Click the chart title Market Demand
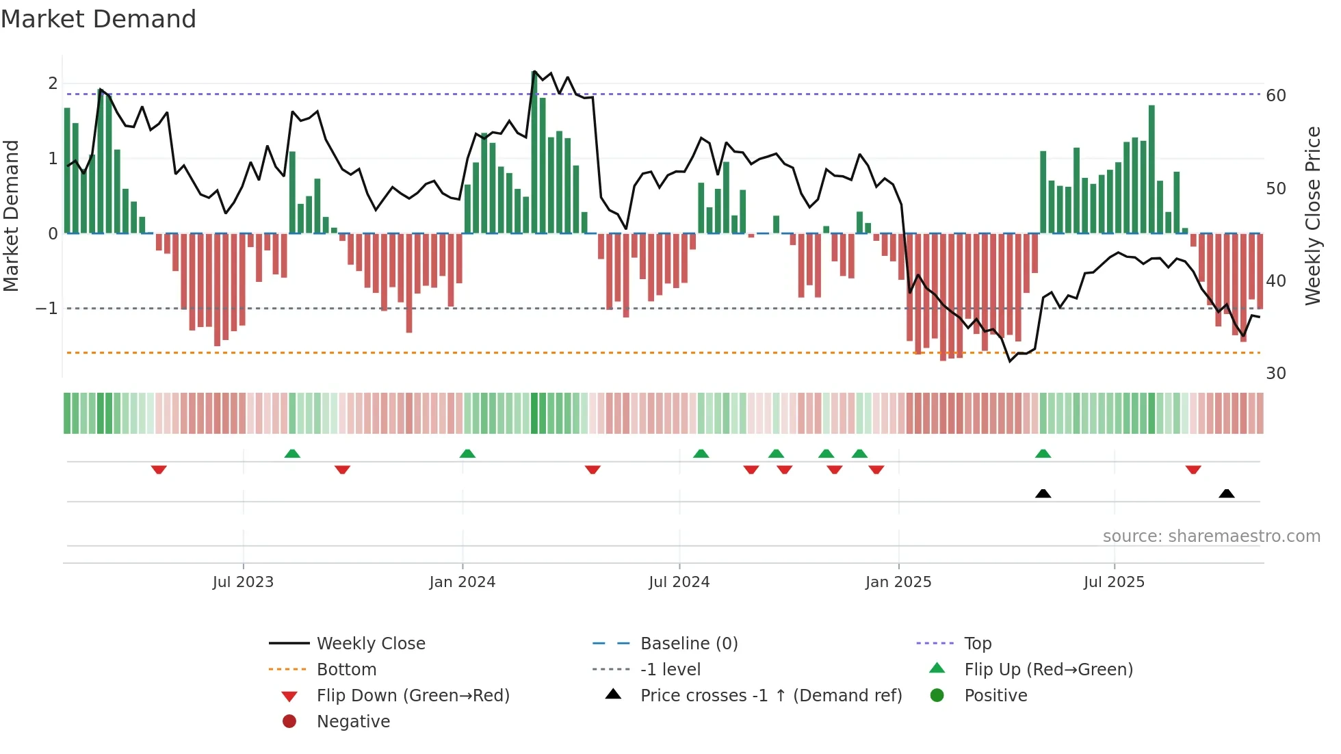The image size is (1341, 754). pyautogui.click(x=99, y=19)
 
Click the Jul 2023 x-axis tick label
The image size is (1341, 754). pyautogui.click(x=243, y=582)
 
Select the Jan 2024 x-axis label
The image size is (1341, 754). pyautogui.click(x=462, y=582)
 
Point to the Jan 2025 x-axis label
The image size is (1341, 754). pyautogui.click(x=898, y=582)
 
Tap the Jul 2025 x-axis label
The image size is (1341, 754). pyautogui.click(x=1114, y=582)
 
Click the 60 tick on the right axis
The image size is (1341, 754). pyautogui.click(x=1275, y=96)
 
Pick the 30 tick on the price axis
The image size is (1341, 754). pyautogui.click(x=1275, y=374)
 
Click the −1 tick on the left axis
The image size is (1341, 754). pyautogui.click(x=47, y=309)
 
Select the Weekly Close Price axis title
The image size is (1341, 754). pyautogui.click(x=1312, y=216)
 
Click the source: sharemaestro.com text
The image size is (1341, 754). pyautogui.click(x=1211, y=536)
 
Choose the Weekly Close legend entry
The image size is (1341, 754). pyautogui.click(x=370, y=644)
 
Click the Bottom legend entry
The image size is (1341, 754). pyautogui.click(x=346, y=670)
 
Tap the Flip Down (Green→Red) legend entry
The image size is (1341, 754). pyautogui.click(x=413, y=696)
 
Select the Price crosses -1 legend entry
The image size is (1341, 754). pyautogui.click(x=770, y=696)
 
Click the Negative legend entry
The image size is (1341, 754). pyautogui.click(x=353, y=722)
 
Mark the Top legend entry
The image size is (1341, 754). pyautogui.click(x=977, y=644)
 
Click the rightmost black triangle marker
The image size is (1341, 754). pyautogui.click(x=1226, y=493)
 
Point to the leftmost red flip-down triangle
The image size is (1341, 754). pyautogui.click(x=159, y=469)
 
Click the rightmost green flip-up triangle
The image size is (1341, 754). pyautogui.click(x=1043, y=454)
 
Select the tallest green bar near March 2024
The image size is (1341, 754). pyautogui.click(x=534, y=152)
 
